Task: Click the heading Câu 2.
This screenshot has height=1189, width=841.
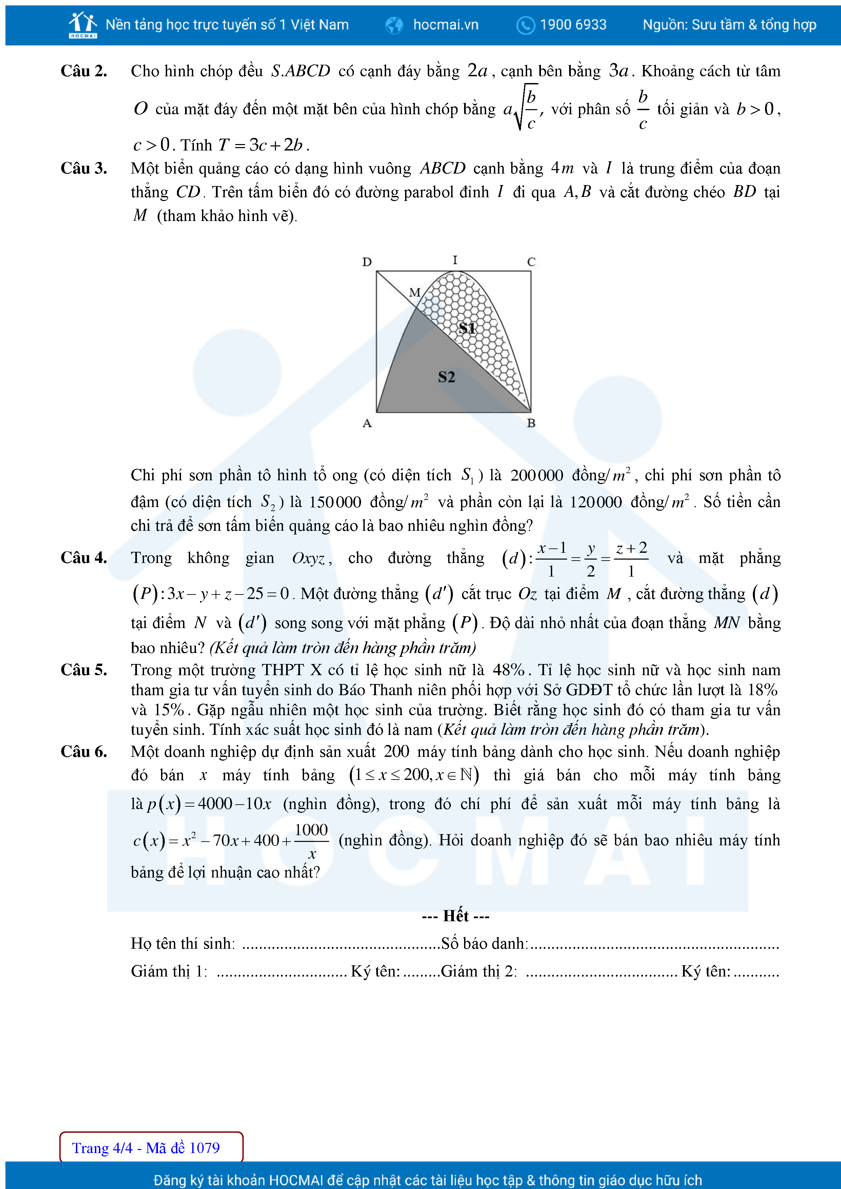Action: click(x=84, y=71)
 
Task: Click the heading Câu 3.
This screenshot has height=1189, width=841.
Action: click(x=84, y=168)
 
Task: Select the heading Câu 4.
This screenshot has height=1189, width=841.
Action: click(x=84, y=558)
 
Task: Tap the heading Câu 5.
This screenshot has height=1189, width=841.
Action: click(x=84, y=670)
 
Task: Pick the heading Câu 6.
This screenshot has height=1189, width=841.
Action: click(x=84, y=751)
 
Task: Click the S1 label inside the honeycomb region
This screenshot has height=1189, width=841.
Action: click(x=467, y=328)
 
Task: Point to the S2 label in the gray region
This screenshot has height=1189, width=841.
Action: click(x=446, y=377)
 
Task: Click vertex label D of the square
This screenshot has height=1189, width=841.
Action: click(x=367, y=262)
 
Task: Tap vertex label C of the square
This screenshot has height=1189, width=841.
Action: click(x=531, y=262)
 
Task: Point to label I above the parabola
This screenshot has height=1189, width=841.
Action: click(x=455, y=260)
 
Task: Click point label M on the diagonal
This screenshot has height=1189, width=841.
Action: click(x=414, y=293)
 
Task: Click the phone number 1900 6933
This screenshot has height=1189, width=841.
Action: click(x=573, y=25)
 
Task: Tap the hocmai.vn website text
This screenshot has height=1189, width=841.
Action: click(x=445, y=25)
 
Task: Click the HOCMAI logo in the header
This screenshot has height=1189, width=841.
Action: click(x=83, y=25)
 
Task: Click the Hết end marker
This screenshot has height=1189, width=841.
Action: click(x=456, y=916)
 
